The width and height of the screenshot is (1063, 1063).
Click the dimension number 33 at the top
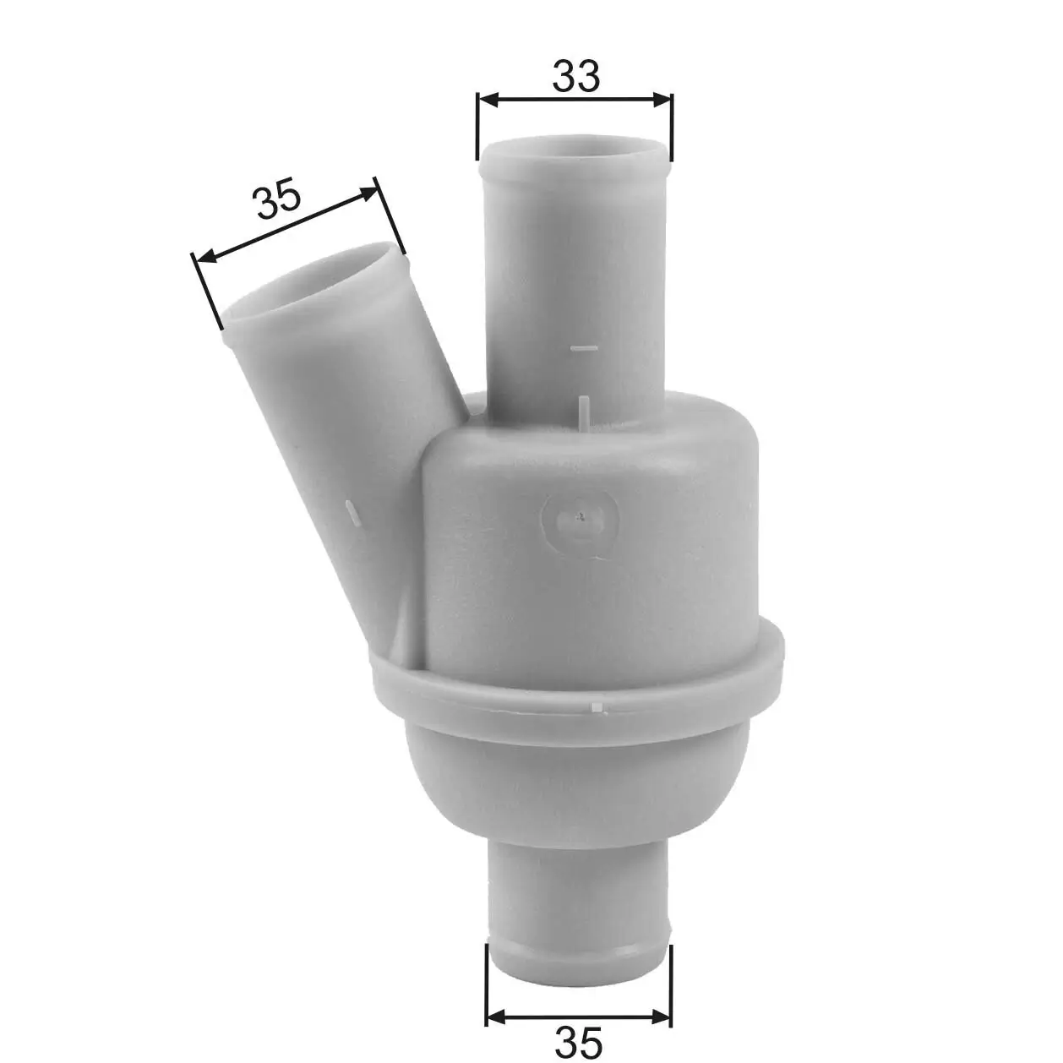pos(576,76)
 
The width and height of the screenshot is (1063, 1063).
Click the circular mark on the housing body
pos(581,524)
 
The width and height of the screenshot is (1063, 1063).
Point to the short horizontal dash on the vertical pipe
pos(584,347)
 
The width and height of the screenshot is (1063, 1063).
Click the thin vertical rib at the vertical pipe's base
pos(584,410)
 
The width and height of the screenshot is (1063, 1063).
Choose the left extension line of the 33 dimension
pos(478,127)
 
